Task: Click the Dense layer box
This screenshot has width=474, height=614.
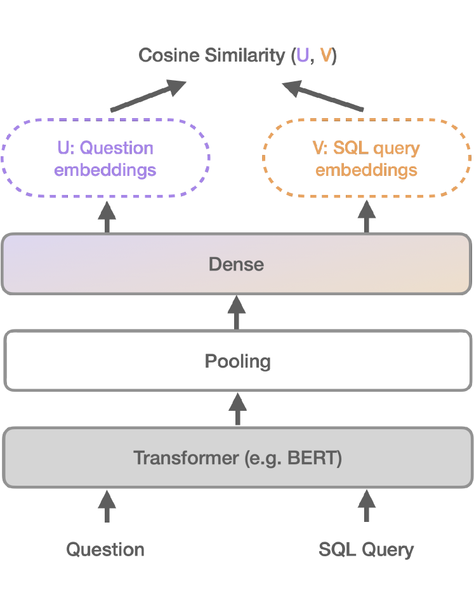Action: (237, 264)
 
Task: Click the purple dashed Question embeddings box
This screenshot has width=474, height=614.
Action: (105, 159)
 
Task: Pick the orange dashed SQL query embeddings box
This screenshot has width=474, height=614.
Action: (367, 159)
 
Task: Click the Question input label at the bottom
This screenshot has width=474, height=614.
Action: (105, 549)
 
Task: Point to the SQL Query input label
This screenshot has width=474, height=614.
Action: (366, 549)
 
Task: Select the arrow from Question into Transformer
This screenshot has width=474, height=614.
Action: (107, 505)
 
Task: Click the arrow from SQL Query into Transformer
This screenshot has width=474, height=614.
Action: (367, 505)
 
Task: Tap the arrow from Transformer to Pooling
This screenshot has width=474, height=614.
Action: (237, 409)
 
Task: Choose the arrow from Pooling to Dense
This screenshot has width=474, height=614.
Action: (237, 312)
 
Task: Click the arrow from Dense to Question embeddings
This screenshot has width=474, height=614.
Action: (107, 217)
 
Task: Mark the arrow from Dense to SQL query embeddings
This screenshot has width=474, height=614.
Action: (367, 217)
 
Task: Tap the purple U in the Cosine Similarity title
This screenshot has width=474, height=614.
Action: (303, 56)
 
